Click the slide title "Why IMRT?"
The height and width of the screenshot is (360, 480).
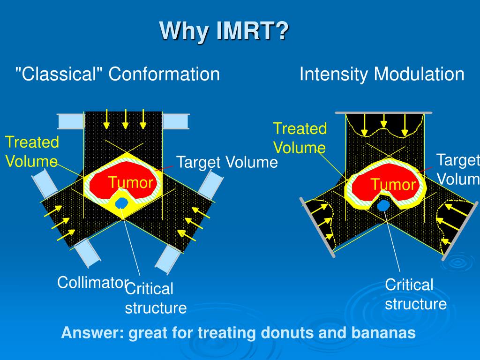pyautogui.click(x=225, y=31)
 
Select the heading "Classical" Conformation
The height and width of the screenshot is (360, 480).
pyautogui.click(x=118, y=74)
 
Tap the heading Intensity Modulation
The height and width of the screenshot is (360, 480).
pyautogui.click(x=382, y=74)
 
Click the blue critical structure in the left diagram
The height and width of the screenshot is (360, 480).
pyautogui.click(x=122, y=202)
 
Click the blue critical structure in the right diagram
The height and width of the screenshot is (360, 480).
pyautogui.click(x=383, y=205)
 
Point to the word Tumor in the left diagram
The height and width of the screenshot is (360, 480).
pyautogui.click(x=131, y=182)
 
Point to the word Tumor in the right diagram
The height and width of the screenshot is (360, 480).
pyautogui.click(x=393, y=185)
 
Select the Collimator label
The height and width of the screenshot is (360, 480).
pyautogui.click(x=92, y=283)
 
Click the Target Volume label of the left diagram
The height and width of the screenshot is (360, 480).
pyautogui.click(x=227, y=163)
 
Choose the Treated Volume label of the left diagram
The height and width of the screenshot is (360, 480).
pyautogui.click(x=32, y=151)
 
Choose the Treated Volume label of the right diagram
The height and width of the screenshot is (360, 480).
pyautogui.click(x=300, y=138)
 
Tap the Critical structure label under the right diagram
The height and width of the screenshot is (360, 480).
pyautogui.click(x=415, y=294)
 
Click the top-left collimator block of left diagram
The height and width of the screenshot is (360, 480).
pyautogui.click(x=70, y=121)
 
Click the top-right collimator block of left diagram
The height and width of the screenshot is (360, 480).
pyautogui.click(x=175, y=121)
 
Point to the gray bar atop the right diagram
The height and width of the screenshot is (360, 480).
pyautogui.click(x=383, y=113)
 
